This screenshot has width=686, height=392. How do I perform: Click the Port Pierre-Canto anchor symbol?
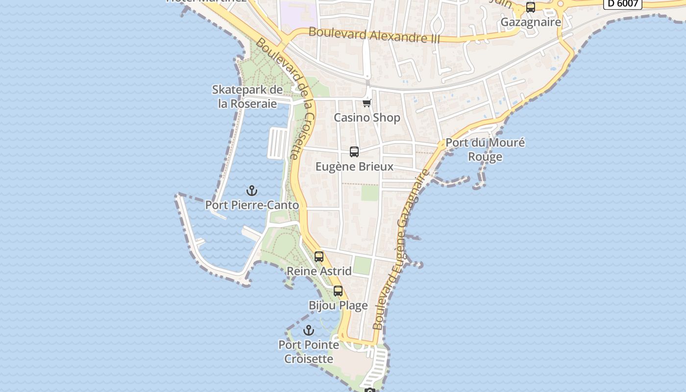[x=252, y=191]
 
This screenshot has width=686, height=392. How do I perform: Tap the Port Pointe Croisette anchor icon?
[x=308, y=330]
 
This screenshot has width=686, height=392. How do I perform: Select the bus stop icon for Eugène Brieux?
[x=354, y=152]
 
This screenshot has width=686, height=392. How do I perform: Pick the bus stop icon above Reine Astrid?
[x=319, y=257]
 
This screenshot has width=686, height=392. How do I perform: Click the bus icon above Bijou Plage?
[x=338, y=291]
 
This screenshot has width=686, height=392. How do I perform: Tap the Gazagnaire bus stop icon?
[x=531, y=7]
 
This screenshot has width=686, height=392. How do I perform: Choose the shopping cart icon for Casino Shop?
[x=367, y=103]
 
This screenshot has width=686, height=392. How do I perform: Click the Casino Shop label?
[x=367, y=118]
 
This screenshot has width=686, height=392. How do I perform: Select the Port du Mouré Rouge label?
[x=485, y=150]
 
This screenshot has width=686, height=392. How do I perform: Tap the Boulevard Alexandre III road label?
[x=374, y=35]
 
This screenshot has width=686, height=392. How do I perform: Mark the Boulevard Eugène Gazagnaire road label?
[x=401, y=249]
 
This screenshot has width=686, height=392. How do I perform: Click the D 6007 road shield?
[x=622, y=3]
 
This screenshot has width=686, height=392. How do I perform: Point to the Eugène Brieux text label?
[x=354, y=167]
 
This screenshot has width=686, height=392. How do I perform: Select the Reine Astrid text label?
[x=319, y=271]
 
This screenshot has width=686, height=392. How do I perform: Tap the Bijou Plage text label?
[x=338, y=306]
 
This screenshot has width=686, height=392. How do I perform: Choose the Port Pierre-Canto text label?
[x=252, y=205]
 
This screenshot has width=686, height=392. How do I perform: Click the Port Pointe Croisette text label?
[x=309, y=352]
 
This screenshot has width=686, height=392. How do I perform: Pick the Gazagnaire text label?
[x=531, y=22]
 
